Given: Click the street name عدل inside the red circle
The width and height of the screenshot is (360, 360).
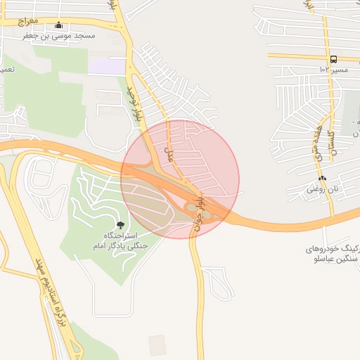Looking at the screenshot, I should (x=167, y=150).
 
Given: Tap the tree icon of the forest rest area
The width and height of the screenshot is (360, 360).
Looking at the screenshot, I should (x=120, y=225).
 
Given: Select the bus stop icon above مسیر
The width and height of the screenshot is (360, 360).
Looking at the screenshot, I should (x=333, y=60).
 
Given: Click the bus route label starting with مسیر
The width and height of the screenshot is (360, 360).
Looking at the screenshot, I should (x=333, y=70).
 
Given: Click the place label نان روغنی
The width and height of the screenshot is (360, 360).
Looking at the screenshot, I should (x=323, y=189).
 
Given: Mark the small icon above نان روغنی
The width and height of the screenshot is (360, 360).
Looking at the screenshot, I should (x=322, y=178).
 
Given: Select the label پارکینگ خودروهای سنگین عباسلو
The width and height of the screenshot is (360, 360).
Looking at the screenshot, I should (x=333, y=255).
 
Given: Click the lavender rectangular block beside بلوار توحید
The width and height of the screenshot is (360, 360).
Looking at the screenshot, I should (x=106, y=67).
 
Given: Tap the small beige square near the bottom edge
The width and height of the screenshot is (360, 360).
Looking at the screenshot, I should (x=157, y=344).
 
